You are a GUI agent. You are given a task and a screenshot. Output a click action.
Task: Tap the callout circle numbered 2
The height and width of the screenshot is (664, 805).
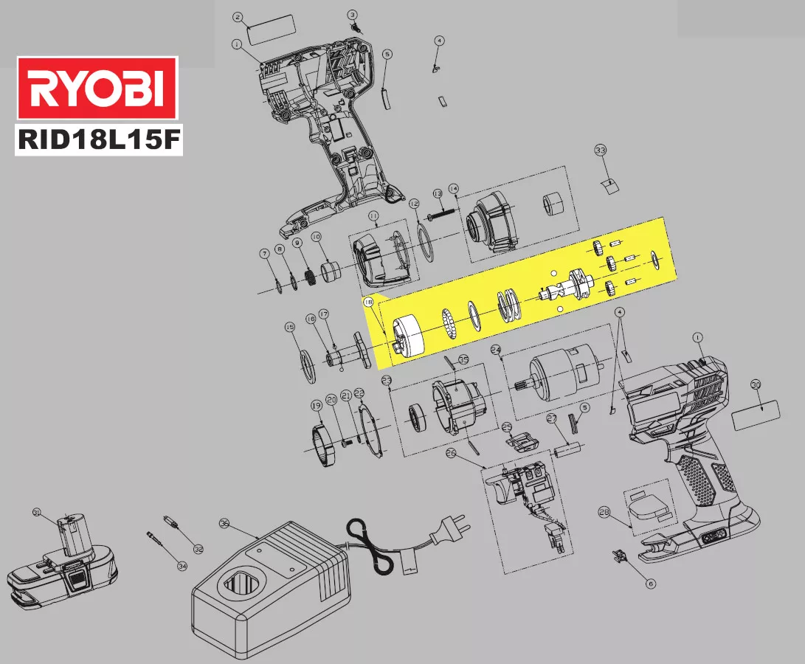tap(238, 16)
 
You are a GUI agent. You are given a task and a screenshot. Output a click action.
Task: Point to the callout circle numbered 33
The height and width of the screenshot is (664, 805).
tap(601, 151)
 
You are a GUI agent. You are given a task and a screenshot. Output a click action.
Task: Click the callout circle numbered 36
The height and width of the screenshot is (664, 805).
tap(224, 523)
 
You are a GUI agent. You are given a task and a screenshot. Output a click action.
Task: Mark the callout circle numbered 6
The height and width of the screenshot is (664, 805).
tap(650, 583)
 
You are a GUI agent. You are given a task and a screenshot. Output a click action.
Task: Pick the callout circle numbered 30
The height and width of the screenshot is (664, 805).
tap(755, 384)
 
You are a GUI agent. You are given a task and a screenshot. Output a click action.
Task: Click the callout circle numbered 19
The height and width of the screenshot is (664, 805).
tap(316, 405)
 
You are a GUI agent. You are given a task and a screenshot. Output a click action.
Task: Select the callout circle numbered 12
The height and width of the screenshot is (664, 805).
tap(414, 204)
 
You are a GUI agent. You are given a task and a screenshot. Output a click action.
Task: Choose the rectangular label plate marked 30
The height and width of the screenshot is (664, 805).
tap(756, 415)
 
